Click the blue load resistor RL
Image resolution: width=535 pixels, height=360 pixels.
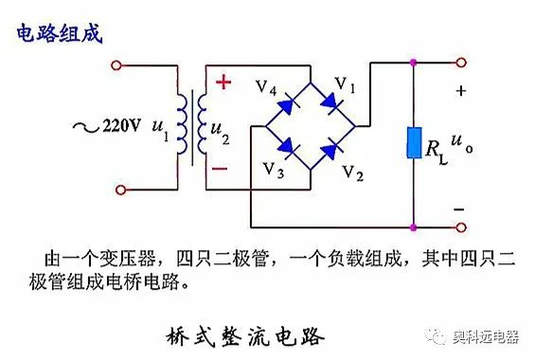pos(414,144)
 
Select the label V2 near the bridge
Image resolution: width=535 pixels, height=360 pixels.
pos(351,173)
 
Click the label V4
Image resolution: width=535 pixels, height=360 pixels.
pos(265,89)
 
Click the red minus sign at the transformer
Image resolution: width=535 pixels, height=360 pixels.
pos(220,168)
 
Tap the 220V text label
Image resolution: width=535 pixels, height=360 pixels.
pos(121,124)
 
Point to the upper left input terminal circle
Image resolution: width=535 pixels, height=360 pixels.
pos(118,66)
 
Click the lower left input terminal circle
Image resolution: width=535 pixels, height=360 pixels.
pos(118,189)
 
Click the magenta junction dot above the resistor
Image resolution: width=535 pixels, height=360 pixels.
pos(414,64)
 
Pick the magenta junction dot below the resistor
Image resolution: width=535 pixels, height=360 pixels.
pos(414,228)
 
